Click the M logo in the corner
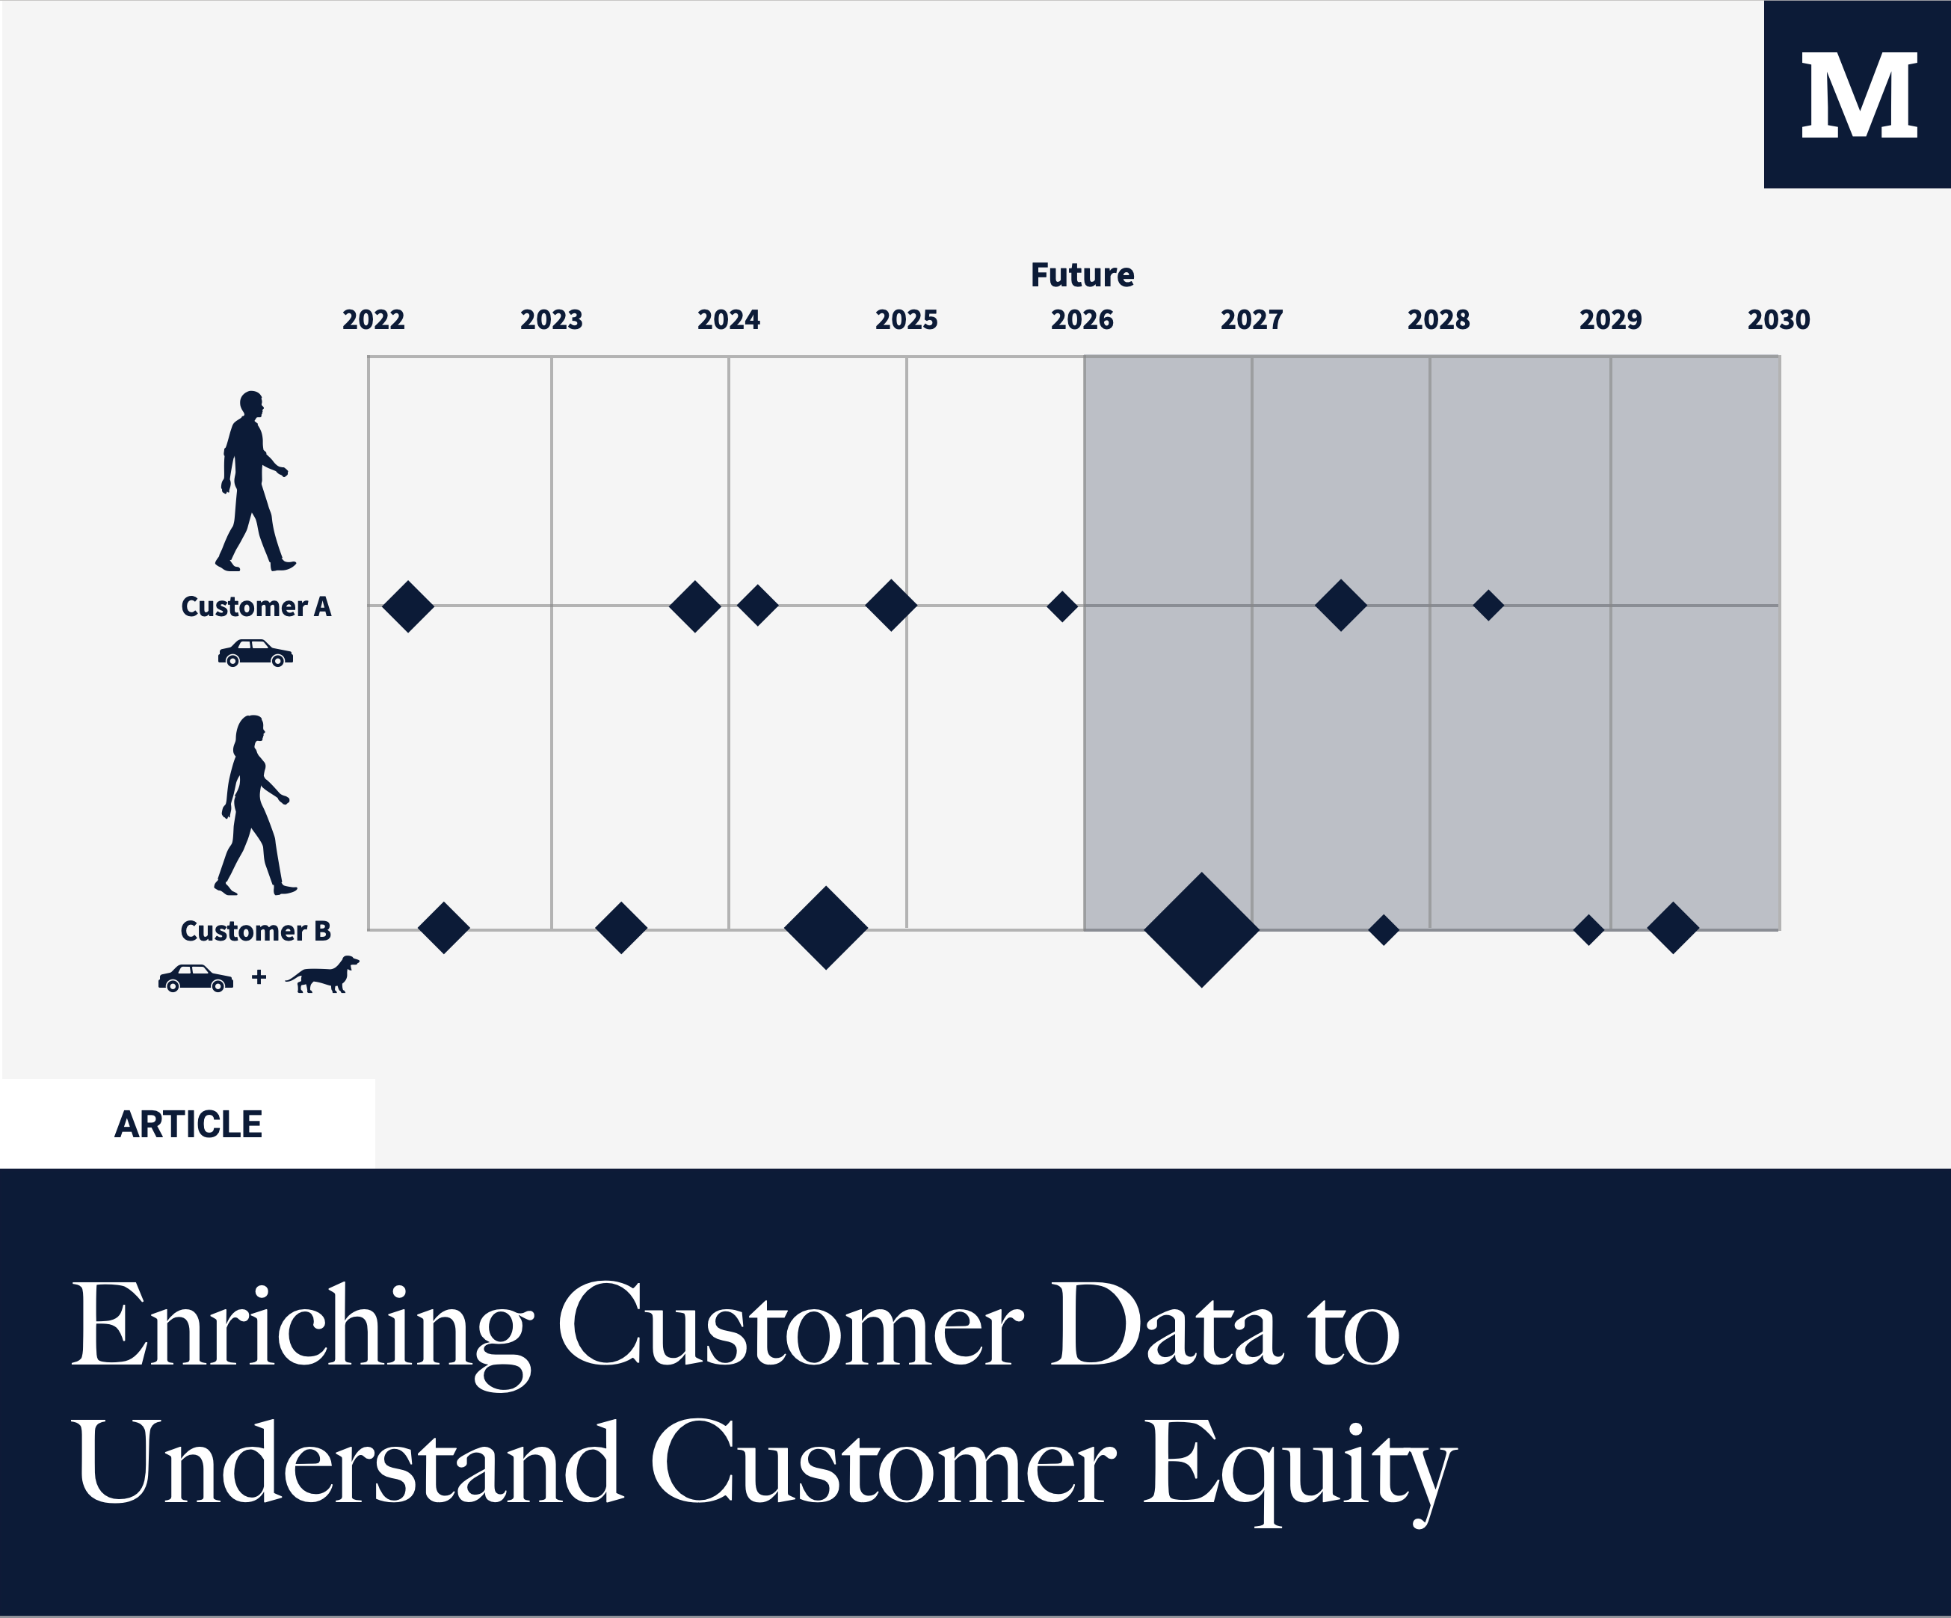(x=1857, y=95)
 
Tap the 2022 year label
(x=374, y=320)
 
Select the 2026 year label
(x=1082, y=320)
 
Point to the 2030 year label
(x=1778, y=320)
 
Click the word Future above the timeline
(x=1082, y=275)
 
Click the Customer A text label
(x=256, y=607)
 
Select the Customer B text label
(x=256, y=931)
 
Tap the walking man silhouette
(x=253, y=481)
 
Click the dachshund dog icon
(x=322, y=975)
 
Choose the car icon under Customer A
(x=256, y=653)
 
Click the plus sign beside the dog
(x=259, y=976)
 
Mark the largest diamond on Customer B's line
(x=1201, y=929)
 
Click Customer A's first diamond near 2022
(x=408, y=606)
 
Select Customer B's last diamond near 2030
(x=1673, y=927)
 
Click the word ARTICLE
(x=188, y=1125)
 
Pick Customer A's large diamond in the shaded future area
(x=1340, y=606)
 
